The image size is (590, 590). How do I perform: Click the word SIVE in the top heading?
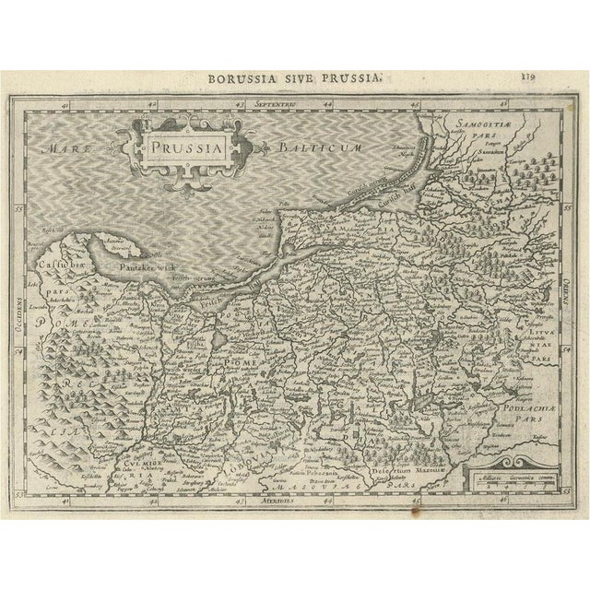click(301, 80)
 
